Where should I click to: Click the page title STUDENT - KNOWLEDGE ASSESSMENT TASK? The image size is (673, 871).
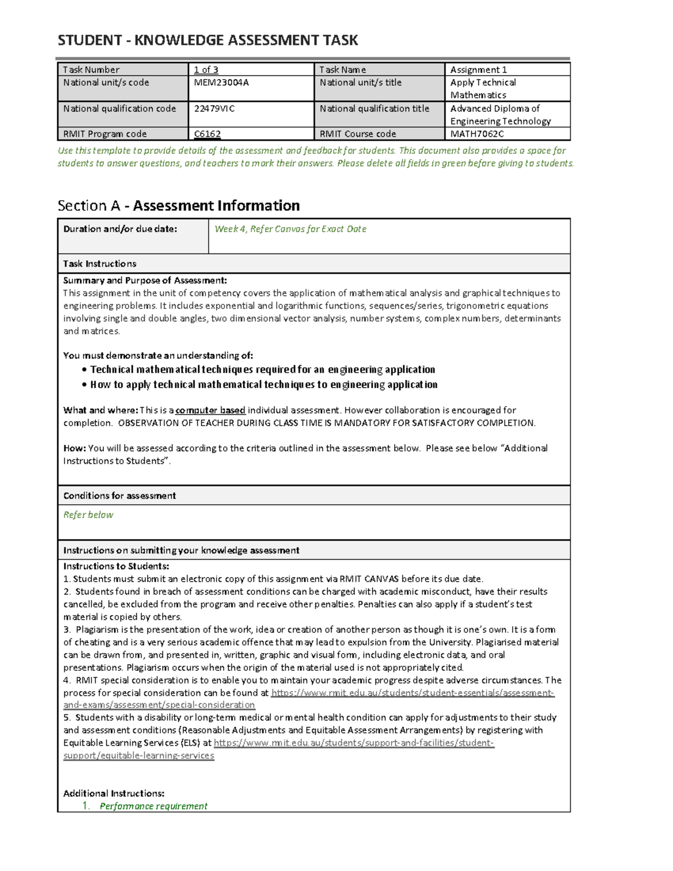click(x=208, y=40)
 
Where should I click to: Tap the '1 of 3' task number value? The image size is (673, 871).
click(x=206, y=70)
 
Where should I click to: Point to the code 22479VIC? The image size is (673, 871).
click(x=214, y=109)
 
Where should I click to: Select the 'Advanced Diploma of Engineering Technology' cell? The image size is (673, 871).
click(x=500, y=115)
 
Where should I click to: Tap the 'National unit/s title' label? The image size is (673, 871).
click(x=361, y=82)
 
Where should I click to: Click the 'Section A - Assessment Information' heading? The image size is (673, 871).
click(x=178, y=206)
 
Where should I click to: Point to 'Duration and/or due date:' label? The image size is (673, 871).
click(x=120, y=229)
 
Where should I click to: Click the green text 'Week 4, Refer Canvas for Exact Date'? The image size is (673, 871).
click(x=291, y=229)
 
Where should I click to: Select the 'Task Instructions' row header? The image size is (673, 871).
click(x=100, y=264)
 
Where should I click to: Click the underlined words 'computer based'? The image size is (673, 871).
click(x=210, y=411)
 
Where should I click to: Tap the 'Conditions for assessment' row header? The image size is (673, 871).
click(x=119, y=496)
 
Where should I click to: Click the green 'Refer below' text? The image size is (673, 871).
click(x=88, y=515)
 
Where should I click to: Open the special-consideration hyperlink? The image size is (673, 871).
click(x=412, y=693)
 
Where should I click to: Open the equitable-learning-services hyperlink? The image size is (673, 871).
click(x=353, y=743)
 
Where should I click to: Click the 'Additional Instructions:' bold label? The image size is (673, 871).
click(x=114, y=794)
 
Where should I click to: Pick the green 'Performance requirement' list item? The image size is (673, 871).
click(x=153, y=807)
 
